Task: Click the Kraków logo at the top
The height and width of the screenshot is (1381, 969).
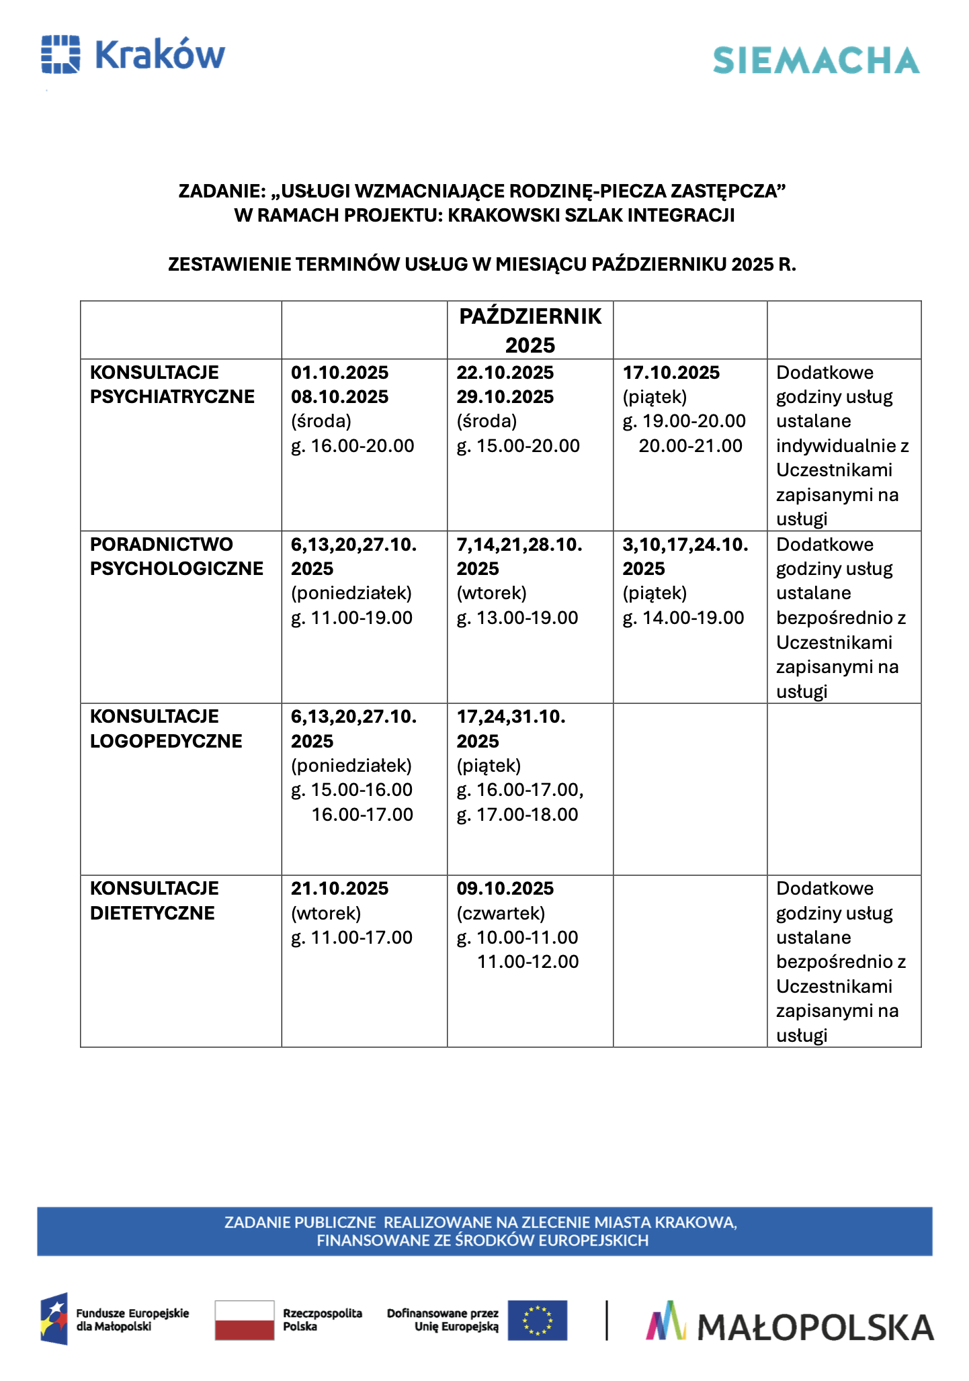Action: [x=133, y=54]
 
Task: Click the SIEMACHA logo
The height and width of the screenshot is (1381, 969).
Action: [x=816, y=60]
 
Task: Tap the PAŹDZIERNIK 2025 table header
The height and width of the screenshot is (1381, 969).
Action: [x=530, y=330]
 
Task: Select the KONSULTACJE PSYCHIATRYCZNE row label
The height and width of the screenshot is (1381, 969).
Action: [x=172, y=385]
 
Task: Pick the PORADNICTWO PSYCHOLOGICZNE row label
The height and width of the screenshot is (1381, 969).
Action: [x=176, y=557]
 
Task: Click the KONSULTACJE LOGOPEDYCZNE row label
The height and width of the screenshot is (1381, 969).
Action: [x=166, y=729]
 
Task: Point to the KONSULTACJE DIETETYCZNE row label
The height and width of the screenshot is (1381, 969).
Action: [x=154, y=901]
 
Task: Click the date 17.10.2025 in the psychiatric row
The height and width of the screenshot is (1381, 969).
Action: [x=671, y=373]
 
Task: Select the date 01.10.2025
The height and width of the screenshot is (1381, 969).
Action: [x=339, y=373]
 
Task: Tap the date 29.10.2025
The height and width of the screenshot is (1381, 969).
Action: [x=505, y=397]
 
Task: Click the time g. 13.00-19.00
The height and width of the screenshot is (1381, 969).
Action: [x=517, y=618]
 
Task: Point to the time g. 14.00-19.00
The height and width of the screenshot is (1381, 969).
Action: [x=683, y=618]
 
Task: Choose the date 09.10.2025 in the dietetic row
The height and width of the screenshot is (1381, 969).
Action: [x=505, y=889]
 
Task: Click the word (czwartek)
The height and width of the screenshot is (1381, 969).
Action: [x=501, y=914]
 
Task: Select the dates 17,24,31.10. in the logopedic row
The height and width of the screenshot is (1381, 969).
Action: [x=511, y=717]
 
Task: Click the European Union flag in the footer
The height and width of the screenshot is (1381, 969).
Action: [x=537, y=1320]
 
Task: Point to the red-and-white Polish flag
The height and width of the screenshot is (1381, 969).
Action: [x=245, y=1320]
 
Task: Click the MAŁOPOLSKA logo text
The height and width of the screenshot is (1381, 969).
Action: [x=815, y=1327]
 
